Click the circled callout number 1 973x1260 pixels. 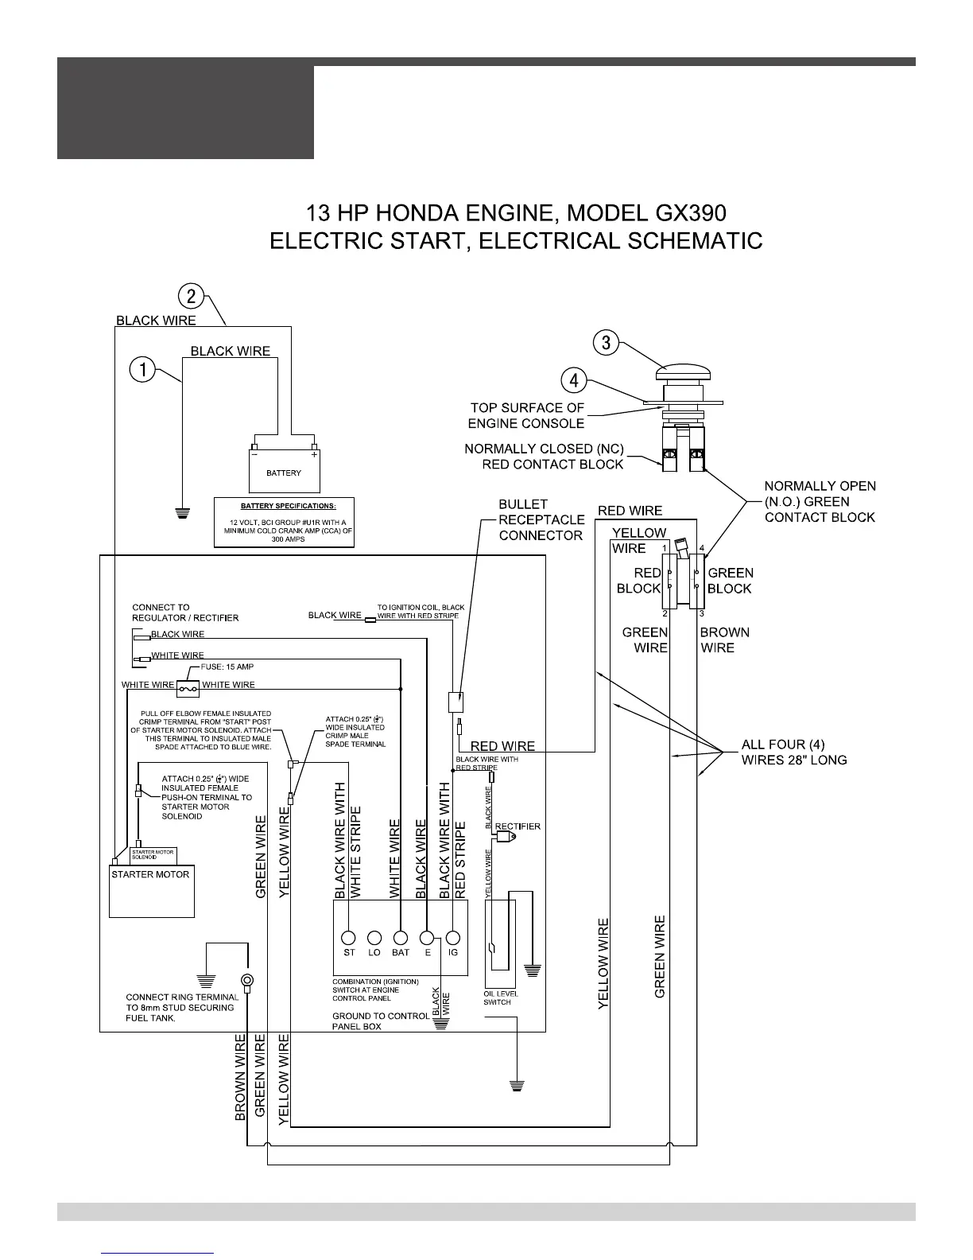tap(143, 369)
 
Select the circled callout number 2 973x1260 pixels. tap(192, 296)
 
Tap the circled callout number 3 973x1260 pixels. tap(606, 343)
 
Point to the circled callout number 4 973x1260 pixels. tap(574, 380)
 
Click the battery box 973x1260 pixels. tap(284, 472)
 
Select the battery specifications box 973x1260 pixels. tap(284, 523)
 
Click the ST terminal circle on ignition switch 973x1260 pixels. tap(348, 936)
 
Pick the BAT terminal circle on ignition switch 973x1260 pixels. tap(401, 936)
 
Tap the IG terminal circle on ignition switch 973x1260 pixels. tap(453, 936)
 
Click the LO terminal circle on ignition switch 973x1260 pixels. tap(374, 936)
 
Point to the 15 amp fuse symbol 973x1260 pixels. tap(188, 686)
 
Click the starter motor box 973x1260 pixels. tap(151, 891)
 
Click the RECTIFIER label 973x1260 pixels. tap(518, 826)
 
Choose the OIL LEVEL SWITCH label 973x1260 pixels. tap(498, 997)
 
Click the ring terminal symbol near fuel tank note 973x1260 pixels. tap(247, 980)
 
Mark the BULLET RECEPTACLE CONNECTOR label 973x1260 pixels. tap(541, 519)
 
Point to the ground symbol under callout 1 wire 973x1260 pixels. tap(182, 511)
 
